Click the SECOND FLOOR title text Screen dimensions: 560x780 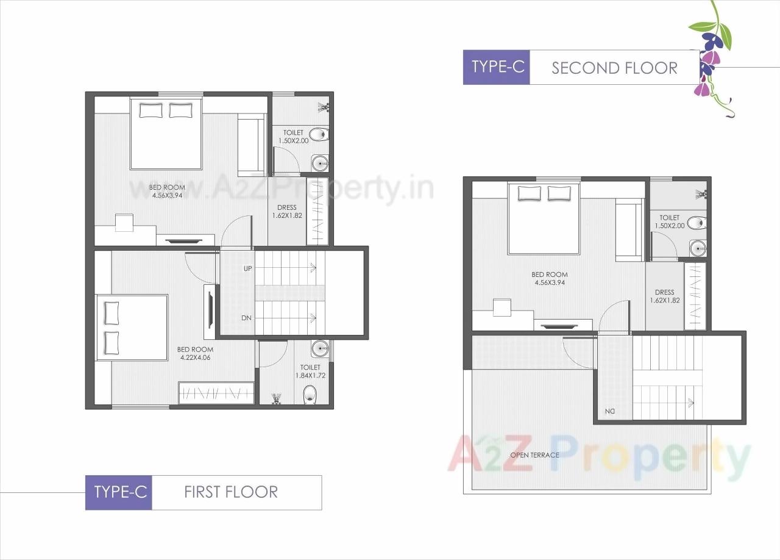614,68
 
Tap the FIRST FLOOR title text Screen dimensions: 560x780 231,492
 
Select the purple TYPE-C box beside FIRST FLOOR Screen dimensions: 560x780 119,492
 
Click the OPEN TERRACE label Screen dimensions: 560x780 534,455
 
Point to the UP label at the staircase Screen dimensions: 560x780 247,268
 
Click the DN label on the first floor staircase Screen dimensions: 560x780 247,318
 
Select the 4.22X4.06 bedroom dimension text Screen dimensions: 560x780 194,357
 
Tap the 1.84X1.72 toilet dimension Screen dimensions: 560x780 310,376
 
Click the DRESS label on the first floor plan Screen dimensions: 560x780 286,207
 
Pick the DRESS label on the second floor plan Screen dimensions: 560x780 664,292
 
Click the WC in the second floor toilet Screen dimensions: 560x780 697,223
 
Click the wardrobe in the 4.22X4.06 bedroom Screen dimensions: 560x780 216,392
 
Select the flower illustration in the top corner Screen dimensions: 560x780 711,57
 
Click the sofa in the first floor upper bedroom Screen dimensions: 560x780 249,145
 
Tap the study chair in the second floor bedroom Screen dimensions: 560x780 502,307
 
